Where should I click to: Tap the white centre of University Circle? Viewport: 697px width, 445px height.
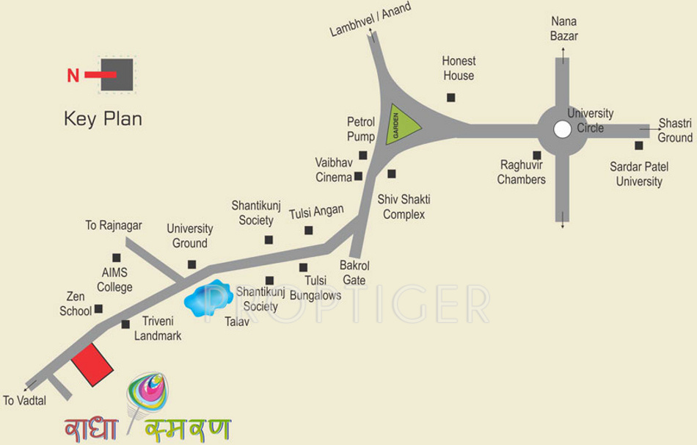tap(562, 129)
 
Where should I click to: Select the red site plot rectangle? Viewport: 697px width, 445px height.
tap(92, 363)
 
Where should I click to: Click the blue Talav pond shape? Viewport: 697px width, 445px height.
tap(208, 297)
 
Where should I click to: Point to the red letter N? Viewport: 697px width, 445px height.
tap(73, 76)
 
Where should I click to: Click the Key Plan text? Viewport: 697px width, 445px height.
tap(103, 119)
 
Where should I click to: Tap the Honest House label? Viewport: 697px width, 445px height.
tap(459, 68)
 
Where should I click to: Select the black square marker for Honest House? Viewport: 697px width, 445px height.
tap(450, 97)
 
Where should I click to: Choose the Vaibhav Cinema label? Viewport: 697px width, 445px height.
tap(334, 170)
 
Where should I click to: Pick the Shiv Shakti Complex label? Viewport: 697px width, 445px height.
tap(404, 207)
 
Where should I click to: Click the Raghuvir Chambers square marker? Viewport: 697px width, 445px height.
tap(537, 155)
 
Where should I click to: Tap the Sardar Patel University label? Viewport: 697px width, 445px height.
tap(639, 174)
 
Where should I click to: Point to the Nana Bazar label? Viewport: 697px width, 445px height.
tap(563, 29)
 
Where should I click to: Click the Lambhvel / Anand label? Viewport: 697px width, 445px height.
tap(370, 20)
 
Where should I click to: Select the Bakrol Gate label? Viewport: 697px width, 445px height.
tap(354, 272)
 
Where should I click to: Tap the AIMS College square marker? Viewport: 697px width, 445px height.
tap(116, 257)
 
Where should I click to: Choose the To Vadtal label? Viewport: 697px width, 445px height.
tap(24, 401)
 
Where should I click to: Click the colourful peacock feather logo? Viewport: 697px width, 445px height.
tap(147, 397)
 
